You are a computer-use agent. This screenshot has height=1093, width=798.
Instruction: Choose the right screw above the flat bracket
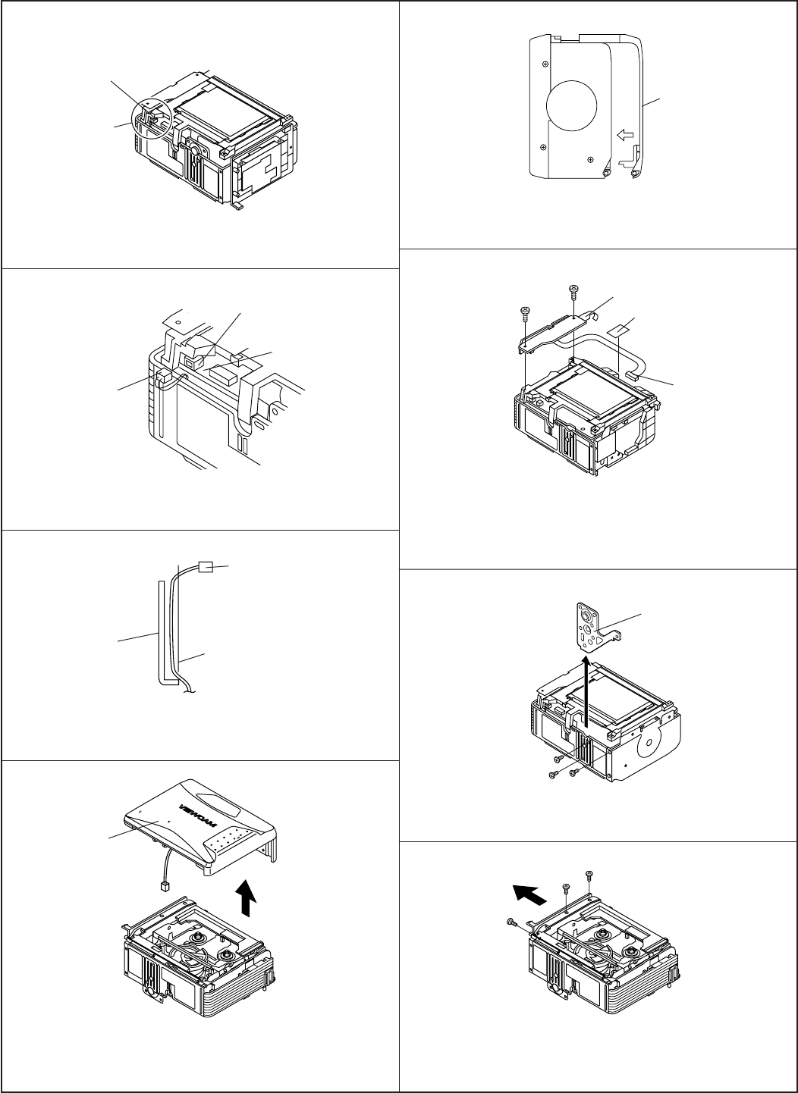pos(573,289)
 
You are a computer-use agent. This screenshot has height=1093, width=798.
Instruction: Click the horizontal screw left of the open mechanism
pos(511,921)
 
